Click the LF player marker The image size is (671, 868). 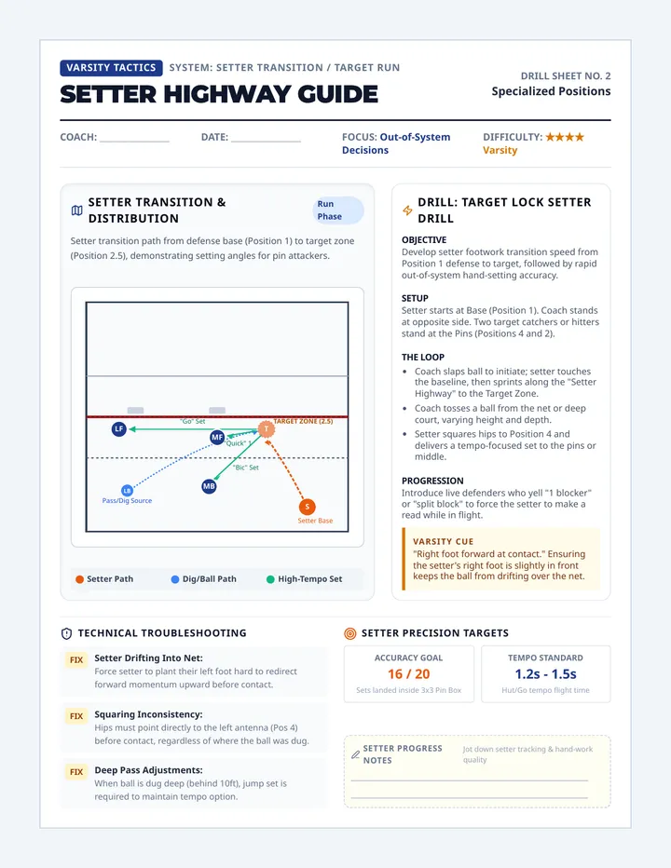(x=119, y=429)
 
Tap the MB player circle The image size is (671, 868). (x=209, y=486)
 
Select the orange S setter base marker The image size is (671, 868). (x=307, y=507)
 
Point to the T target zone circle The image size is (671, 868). (x=267, y=429)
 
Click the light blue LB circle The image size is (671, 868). (x=128, y=491)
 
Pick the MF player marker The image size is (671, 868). (x=217, y=438)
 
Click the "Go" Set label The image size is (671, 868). (x=192, y=421)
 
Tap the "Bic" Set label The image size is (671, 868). (x=245, y=468)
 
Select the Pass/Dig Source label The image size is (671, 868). (x=127, y=500)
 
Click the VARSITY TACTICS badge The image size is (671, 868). (x=112, y=68)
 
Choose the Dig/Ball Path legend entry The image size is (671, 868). (x=203, y=579)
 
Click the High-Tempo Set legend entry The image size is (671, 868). (x=304, y=579)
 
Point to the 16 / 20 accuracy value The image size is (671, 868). (x=409, y=674)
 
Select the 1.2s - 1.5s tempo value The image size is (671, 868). (x=546, y=674)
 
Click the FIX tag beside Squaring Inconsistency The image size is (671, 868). (x=76, y=716)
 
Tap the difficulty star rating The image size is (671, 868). (x=565, y=137)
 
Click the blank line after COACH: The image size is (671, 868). (x=134, y=142)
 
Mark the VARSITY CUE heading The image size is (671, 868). (x=444, y=541)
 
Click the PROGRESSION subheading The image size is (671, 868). (x=432, y=481)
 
